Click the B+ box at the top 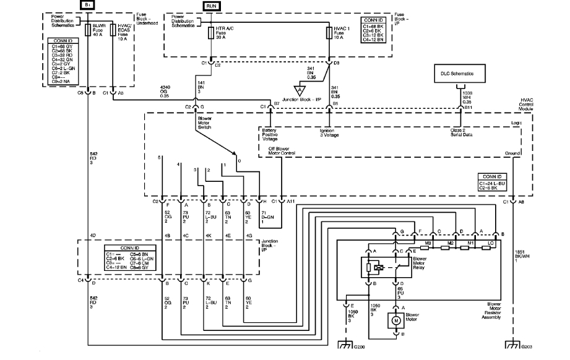[x=88, y=4]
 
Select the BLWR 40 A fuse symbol [x=88, y=30]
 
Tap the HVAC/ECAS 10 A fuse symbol [x=113, y=30]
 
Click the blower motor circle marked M [x=394, y=321]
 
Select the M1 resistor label [x=471, y=242]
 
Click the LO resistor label [x=491, y=242]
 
